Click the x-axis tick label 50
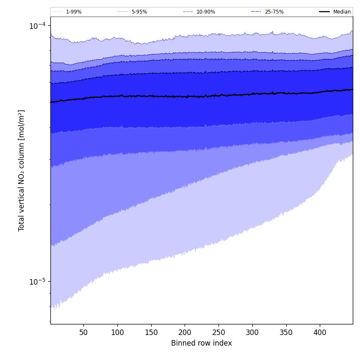83,332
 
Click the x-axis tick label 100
117,332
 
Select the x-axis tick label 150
151,332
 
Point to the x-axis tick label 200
185,332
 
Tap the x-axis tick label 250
219,332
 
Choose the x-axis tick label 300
252,332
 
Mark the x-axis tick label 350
286,332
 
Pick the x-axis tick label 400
320,332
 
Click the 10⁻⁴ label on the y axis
37,26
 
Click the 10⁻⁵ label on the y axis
37,282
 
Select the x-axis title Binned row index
202,343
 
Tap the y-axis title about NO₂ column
22,170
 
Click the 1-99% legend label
74,12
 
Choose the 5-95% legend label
139,12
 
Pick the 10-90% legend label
206,12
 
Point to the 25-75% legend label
274,12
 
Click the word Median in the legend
342,12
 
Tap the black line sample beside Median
324,12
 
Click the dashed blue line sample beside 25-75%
256,12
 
